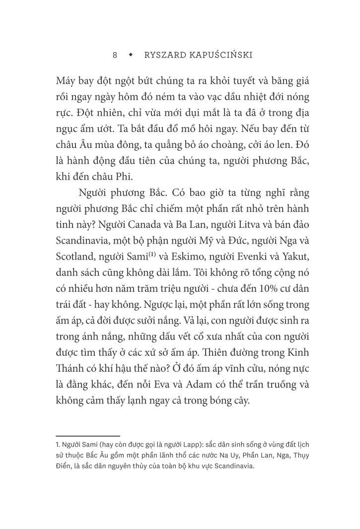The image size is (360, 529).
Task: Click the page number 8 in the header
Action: pyautogui.click(x=115, y=55)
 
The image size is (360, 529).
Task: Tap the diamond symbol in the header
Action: pyautogui.click(x=131, y=55)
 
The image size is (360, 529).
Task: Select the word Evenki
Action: pyautogui.click(x=252, y=271)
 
